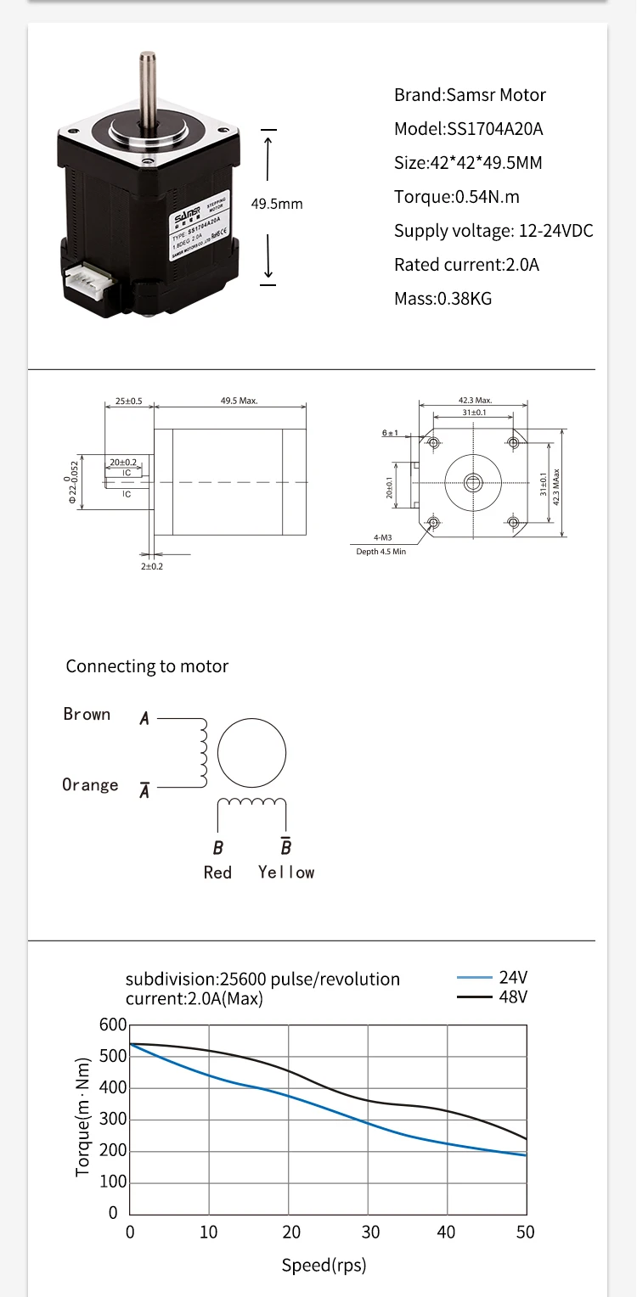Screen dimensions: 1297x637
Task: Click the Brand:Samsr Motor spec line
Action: [470, 95]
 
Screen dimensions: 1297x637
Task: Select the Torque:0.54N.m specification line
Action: [456, 197]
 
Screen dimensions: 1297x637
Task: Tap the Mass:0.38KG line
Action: [443, 299]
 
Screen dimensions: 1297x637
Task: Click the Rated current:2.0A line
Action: [466, 265]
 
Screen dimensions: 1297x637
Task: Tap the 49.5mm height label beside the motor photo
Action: [277, 204]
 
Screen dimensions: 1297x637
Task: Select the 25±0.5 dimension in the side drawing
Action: [128, 401]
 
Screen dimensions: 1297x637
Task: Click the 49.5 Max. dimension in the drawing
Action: [239, 401]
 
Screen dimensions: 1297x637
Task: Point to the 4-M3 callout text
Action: [382, 537]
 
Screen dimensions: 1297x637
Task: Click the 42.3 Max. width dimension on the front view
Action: [475, 400]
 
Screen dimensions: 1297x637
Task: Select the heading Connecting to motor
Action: [147, 666]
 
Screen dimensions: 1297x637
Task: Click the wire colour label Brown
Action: [87, 715]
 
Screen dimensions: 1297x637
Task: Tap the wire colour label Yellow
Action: [286, 873]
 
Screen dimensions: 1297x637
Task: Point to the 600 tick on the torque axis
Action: [113, 1025]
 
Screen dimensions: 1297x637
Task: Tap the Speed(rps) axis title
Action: [324, 1266]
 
